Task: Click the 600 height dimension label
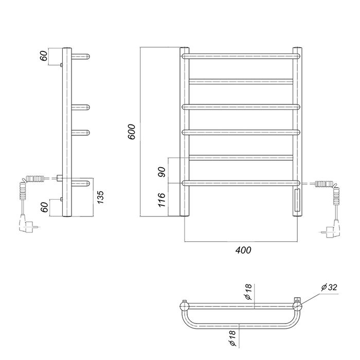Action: coord(132,132)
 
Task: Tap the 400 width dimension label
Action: coord(243,250)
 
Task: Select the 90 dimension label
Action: coord(162,172)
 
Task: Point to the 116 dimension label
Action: coord(162,200)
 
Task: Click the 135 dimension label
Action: coord(100,197)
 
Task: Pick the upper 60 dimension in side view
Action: coord(44,56)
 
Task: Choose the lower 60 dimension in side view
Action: coord(45,207)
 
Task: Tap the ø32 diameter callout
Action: coord(329,287)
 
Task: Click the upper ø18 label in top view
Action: coord(248,292)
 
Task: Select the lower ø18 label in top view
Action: coord(232,338)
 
